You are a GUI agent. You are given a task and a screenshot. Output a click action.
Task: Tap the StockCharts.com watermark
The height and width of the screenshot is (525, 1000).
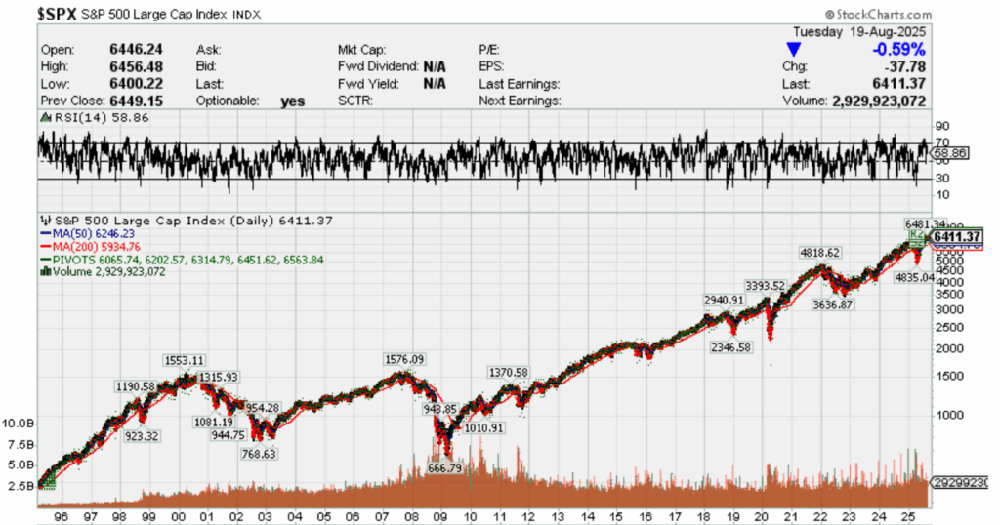pyautogui.click(x=875, y=15)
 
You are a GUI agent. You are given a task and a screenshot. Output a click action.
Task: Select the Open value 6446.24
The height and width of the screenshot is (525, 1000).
pyautogui.click(x=108, y=49)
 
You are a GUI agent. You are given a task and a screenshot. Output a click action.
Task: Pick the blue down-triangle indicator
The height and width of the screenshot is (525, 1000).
pyautogui.click(x=794, y=49)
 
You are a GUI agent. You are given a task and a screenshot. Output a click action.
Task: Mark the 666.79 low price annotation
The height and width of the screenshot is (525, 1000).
pyautogui.click(x=445, y=468)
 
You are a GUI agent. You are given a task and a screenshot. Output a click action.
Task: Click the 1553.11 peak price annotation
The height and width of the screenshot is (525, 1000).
pyautogui.click(x=183, y=359)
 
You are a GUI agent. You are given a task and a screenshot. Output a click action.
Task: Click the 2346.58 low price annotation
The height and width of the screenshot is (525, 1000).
pyautogui.click(x=730, y=346)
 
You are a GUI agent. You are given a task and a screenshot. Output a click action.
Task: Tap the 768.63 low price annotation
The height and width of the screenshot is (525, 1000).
pyautogui.click(x=259, y=453)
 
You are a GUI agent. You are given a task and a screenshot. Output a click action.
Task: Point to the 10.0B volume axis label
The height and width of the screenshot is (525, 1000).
pyautogui.click(x=21, y=424)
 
